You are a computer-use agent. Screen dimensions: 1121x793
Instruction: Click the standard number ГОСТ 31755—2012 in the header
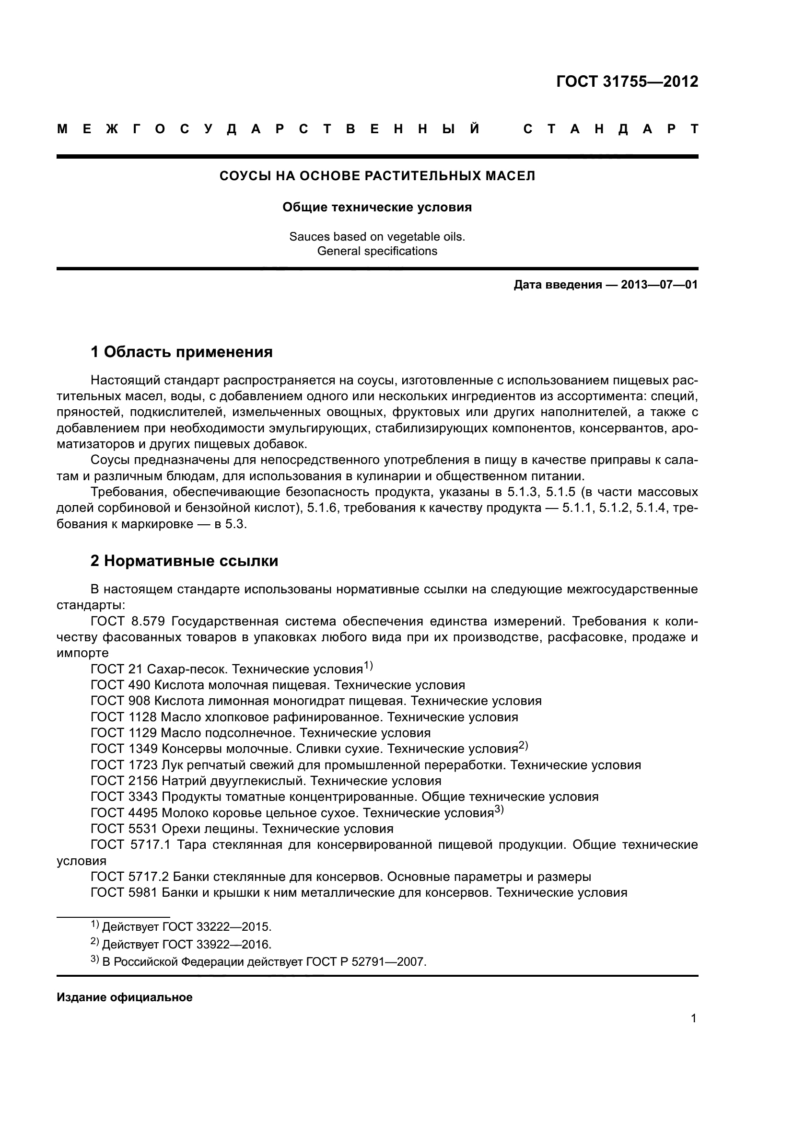627,81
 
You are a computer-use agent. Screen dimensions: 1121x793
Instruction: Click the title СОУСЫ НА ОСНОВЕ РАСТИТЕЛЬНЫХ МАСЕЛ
377,176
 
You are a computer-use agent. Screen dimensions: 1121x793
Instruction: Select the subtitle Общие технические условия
377,208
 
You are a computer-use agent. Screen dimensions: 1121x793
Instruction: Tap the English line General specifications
377,251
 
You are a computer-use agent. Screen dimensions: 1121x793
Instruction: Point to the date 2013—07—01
659,285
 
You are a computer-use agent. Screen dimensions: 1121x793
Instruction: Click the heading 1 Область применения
182,351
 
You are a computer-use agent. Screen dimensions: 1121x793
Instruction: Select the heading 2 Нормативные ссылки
184,561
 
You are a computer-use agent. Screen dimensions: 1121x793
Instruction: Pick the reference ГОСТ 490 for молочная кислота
120,685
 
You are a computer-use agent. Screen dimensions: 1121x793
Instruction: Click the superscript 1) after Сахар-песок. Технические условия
368,666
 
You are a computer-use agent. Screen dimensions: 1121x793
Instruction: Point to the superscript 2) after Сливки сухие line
523,745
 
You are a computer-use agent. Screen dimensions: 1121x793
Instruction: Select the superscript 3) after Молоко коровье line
499,809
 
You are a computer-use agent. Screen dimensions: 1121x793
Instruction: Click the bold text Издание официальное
125,997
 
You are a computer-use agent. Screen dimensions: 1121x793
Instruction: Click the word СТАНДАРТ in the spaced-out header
610,129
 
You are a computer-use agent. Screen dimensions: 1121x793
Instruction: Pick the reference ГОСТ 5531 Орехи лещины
124,829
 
